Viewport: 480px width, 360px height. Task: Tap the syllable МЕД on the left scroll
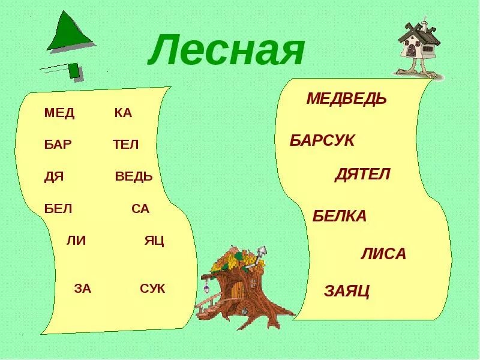59,113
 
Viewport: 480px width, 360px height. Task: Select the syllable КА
122,113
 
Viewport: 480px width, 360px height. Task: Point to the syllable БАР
58,145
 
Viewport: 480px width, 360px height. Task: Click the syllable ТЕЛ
125,145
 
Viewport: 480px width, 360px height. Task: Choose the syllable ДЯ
54,177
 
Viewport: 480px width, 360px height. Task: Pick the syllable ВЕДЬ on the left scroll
133,177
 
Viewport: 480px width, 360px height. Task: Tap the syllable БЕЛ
58,209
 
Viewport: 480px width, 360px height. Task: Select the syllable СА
140,209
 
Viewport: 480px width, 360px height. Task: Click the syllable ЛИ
76,241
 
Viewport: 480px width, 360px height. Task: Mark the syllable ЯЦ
154,241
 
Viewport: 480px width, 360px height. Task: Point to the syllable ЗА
82,289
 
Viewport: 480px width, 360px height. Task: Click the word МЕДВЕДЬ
346,99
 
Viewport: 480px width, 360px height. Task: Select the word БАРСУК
322,141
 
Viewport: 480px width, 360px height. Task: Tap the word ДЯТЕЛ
362,175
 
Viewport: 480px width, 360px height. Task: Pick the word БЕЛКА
339,217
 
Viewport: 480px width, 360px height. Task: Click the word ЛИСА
383,254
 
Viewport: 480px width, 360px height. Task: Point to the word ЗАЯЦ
347,292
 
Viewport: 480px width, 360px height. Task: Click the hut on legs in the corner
418,48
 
